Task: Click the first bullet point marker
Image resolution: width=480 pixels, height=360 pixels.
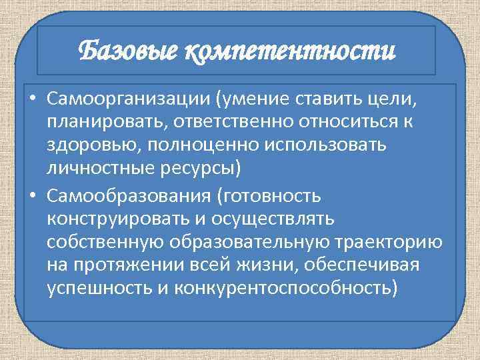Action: point(32,101)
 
